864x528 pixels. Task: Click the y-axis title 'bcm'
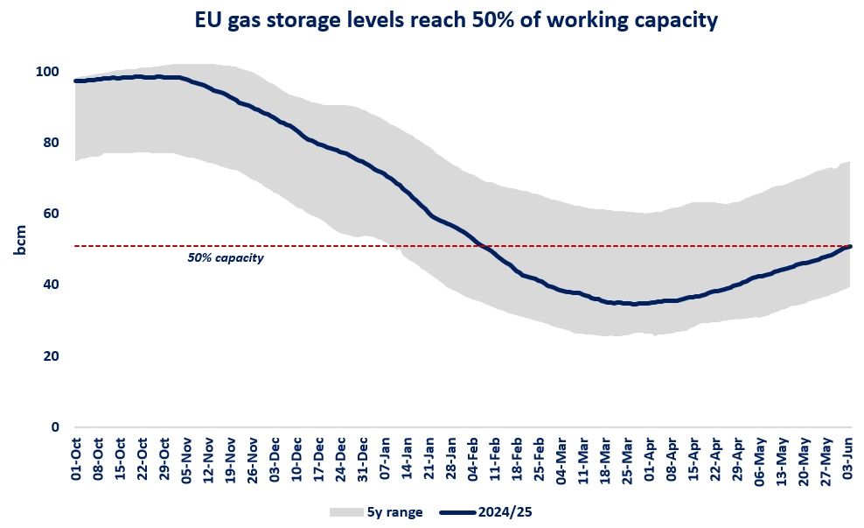[x=18, y=242]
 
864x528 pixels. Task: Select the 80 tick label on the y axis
[x=52, y=143]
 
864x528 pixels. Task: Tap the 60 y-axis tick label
[x=52, y=214]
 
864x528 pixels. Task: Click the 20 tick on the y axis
[x=52, y=356]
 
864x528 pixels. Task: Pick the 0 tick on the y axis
[x=55, y=427]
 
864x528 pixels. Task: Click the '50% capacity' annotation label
[x=225, y=258]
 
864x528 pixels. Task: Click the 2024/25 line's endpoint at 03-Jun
[x=851, y=246]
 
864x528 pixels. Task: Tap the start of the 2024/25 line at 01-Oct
[x=77, y=81]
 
